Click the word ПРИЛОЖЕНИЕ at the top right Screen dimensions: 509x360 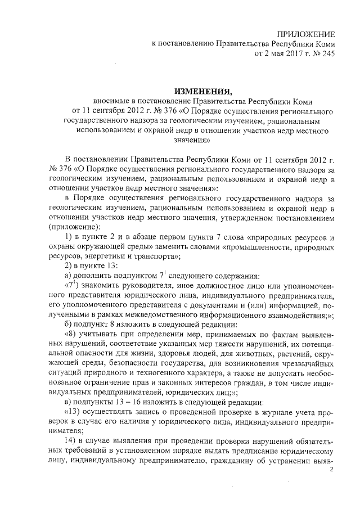point(308,34)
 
